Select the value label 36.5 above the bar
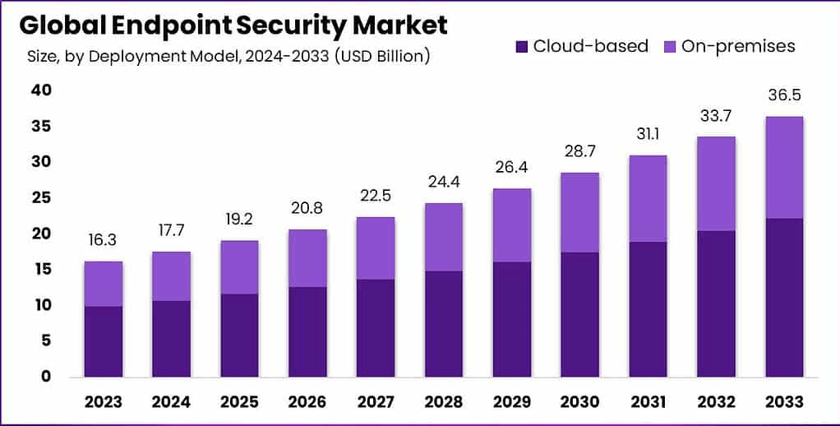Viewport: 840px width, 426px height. [783, 95]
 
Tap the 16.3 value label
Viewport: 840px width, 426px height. [103, 240]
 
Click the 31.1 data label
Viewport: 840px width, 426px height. [647, 134]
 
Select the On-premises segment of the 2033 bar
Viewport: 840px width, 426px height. [783, 167]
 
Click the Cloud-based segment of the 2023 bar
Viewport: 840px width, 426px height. [103, 340]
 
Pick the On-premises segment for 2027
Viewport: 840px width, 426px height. [375, 248]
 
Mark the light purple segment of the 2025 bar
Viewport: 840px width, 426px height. [239, 266]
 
